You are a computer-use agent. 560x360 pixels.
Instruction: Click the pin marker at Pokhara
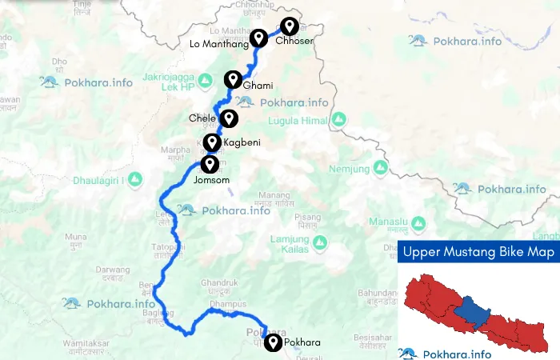274,341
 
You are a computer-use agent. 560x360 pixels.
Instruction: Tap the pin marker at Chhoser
290,26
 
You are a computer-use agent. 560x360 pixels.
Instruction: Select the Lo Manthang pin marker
258,38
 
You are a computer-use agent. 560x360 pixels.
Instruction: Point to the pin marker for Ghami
233,78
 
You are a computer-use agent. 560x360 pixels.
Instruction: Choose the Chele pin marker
229,118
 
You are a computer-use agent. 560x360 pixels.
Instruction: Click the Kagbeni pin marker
212,142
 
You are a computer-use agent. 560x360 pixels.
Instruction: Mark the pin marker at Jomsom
210,164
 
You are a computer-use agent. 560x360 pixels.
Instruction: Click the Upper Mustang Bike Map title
478,252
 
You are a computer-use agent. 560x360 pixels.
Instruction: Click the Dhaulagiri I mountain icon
135,178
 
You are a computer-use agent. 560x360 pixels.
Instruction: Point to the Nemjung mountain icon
381,168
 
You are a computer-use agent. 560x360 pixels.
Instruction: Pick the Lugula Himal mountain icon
339,120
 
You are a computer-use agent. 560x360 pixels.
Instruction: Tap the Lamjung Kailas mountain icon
319,242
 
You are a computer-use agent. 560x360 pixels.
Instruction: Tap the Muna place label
76,238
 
